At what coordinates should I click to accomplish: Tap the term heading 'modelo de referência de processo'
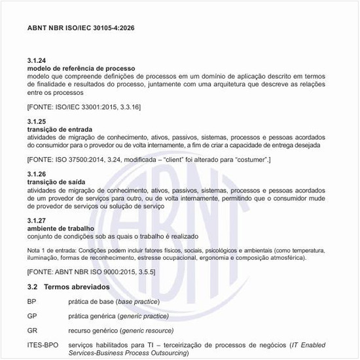(81, 68)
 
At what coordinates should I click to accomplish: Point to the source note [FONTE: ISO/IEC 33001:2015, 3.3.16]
(84, 106)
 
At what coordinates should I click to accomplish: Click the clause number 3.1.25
(37, 122)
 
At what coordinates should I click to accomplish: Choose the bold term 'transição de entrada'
(60, 130)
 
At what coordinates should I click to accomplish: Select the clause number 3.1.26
(37, 175)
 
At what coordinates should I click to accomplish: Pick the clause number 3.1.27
(37, 220)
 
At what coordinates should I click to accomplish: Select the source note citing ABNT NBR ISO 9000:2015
(91, 271)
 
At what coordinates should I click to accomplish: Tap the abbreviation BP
(32, 301)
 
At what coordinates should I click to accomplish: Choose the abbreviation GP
(32, 315)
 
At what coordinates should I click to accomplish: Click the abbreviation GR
(32, 331)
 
